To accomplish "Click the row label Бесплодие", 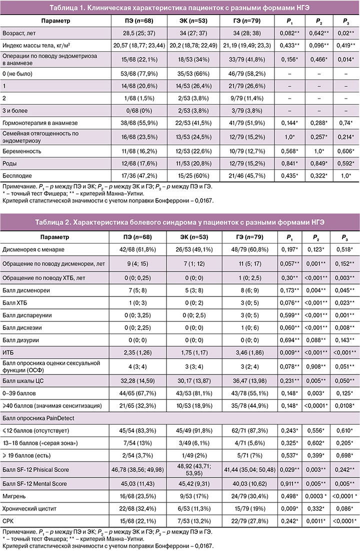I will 20,176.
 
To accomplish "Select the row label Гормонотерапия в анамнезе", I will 41,122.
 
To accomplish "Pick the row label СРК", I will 9,521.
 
